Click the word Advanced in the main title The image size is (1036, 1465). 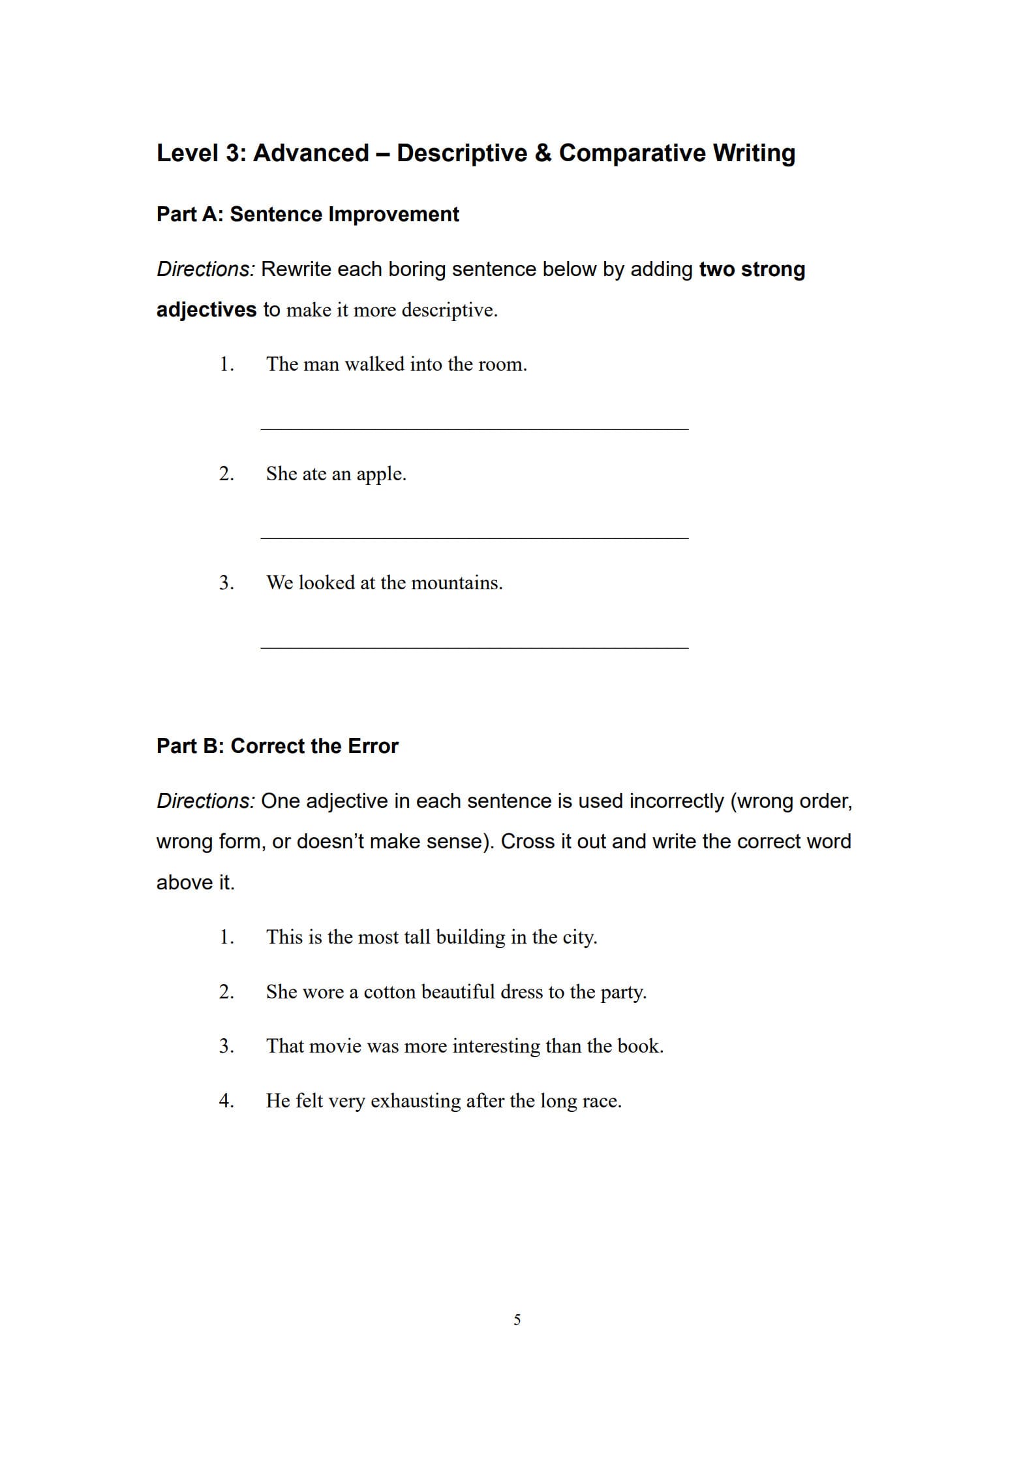point(311,153)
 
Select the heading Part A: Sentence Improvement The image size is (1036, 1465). point(307,214)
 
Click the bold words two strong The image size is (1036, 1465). point(752,269)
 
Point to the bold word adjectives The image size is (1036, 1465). point(206,309)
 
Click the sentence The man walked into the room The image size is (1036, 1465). point(396,364)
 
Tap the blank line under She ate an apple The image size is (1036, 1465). point(474,538)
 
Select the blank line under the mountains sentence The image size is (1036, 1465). point(474,647)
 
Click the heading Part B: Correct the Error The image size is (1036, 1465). point(277,746)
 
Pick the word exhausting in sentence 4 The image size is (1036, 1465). point(416,1101)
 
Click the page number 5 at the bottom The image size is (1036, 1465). point(517,1319)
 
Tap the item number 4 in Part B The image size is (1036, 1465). point(226,1101)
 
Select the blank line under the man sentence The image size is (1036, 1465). point(474,429)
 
